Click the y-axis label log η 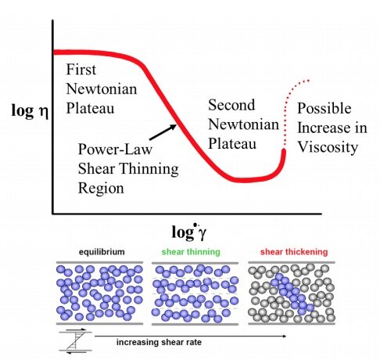30,110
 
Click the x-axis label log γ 188,232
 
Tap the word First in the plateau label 81,70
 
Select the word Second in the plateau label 231,105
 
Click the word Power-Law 115,149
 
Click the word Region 101,189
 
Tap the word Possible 324,108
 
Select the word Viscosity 328,147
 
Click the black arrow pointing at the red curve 163,132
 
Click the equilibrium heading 102,252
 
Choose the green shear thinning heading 191,252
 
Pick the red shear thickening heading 294,252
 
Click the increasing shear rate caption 159,342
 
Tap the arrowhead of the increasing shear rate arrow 285,336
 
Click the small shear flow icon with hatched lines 76,341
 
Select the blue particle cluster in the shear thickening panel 292,293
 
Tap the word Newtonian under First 102,89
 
